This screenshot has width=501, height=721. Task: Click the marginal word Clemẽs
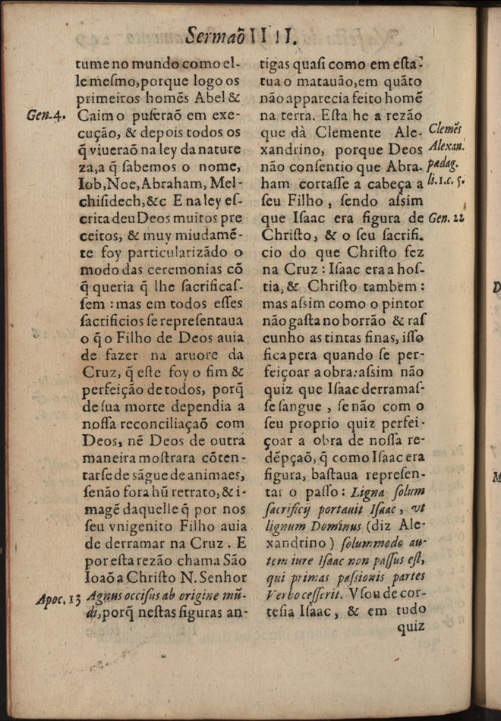pyautogui.click(x=446, y=128)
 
